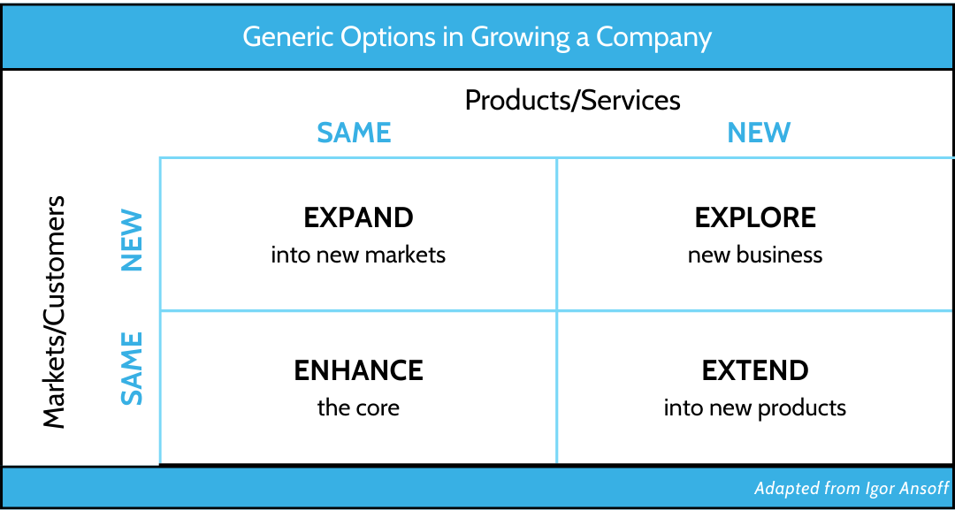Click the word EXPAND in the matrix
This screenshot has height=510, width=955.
[x=358, y=217]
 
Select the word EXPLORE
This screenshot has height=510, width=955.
[x=755, y=217]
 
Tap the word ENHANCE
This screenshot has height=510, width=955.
[x=358, y=370]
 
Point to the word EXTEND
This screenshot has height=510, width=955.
[x=755, y=370]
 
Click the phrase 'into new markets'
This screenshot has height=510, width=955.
[x=358, y=255]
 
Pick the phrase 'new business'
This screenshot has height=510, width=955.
[x=755, y=255]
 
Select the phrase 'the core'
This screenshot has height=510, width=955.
[x=358, y=407]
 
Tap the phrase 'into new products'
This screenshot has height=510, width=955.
[x=755, y=407]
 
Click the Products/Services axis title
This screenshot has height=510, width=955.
[x=572, y=101]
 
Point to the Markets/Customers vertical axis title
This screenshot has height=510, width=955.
[x=54, y=312]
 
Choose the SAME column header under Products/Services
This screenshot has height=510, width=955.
[x=354, y=132]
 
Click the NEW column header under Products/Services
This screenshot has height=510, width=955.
[x=759, y=132]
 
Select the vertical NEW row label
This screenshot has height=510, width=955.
[x=132, y=240]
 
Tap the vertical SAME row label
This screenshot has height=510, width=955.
[x=132, y=369]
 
